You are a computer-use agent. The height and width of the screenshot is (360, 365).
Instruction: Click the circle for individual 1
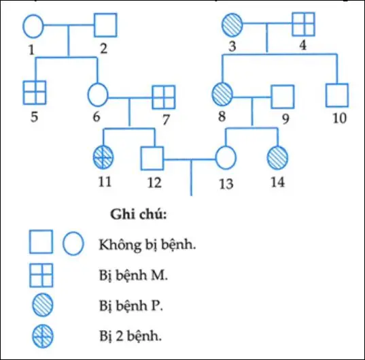click(x=34, y=27)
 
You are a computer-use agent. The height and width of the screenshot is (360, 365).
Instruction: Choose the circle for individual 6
click(x=98, y=94)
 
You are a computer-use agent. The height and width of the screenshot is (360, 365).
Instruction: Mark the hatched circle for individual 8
click(x=222, y=94)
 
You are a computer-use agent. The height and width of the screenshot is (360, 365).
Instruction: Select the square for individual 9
click(x=282, y=96)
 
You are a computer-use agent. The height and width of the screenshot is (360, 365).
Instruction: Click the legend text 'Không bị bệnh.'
click(x=147, y=244)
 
